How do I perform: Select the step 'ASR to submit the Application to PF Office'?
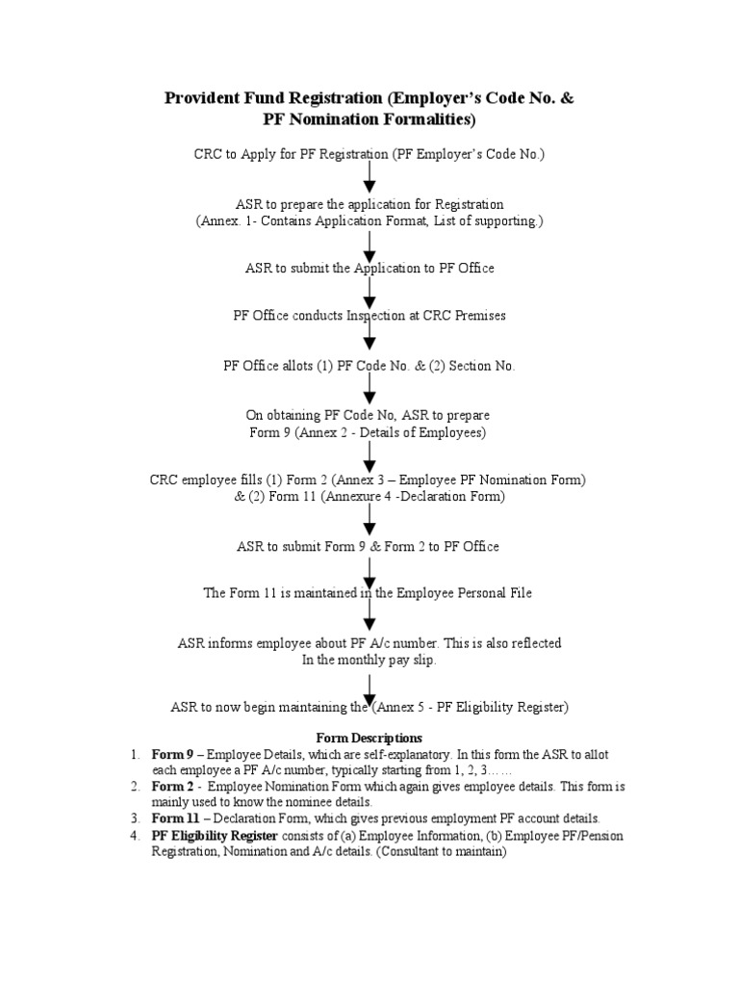[369, 268]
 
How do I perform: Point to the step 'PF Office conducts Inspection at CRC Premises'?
[369, 316]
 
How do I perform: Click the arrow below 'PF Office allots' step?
[369, 389]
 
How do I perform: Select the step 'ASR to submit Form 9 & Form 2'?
[369, 546]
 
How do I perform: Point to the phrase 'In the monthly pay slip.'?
[369, 660]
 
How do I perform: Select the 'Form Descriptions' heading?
[369, 738]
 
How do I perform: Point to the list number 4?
[136, 835]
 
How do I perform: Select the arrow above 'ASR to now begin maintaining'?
[369, 687]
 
